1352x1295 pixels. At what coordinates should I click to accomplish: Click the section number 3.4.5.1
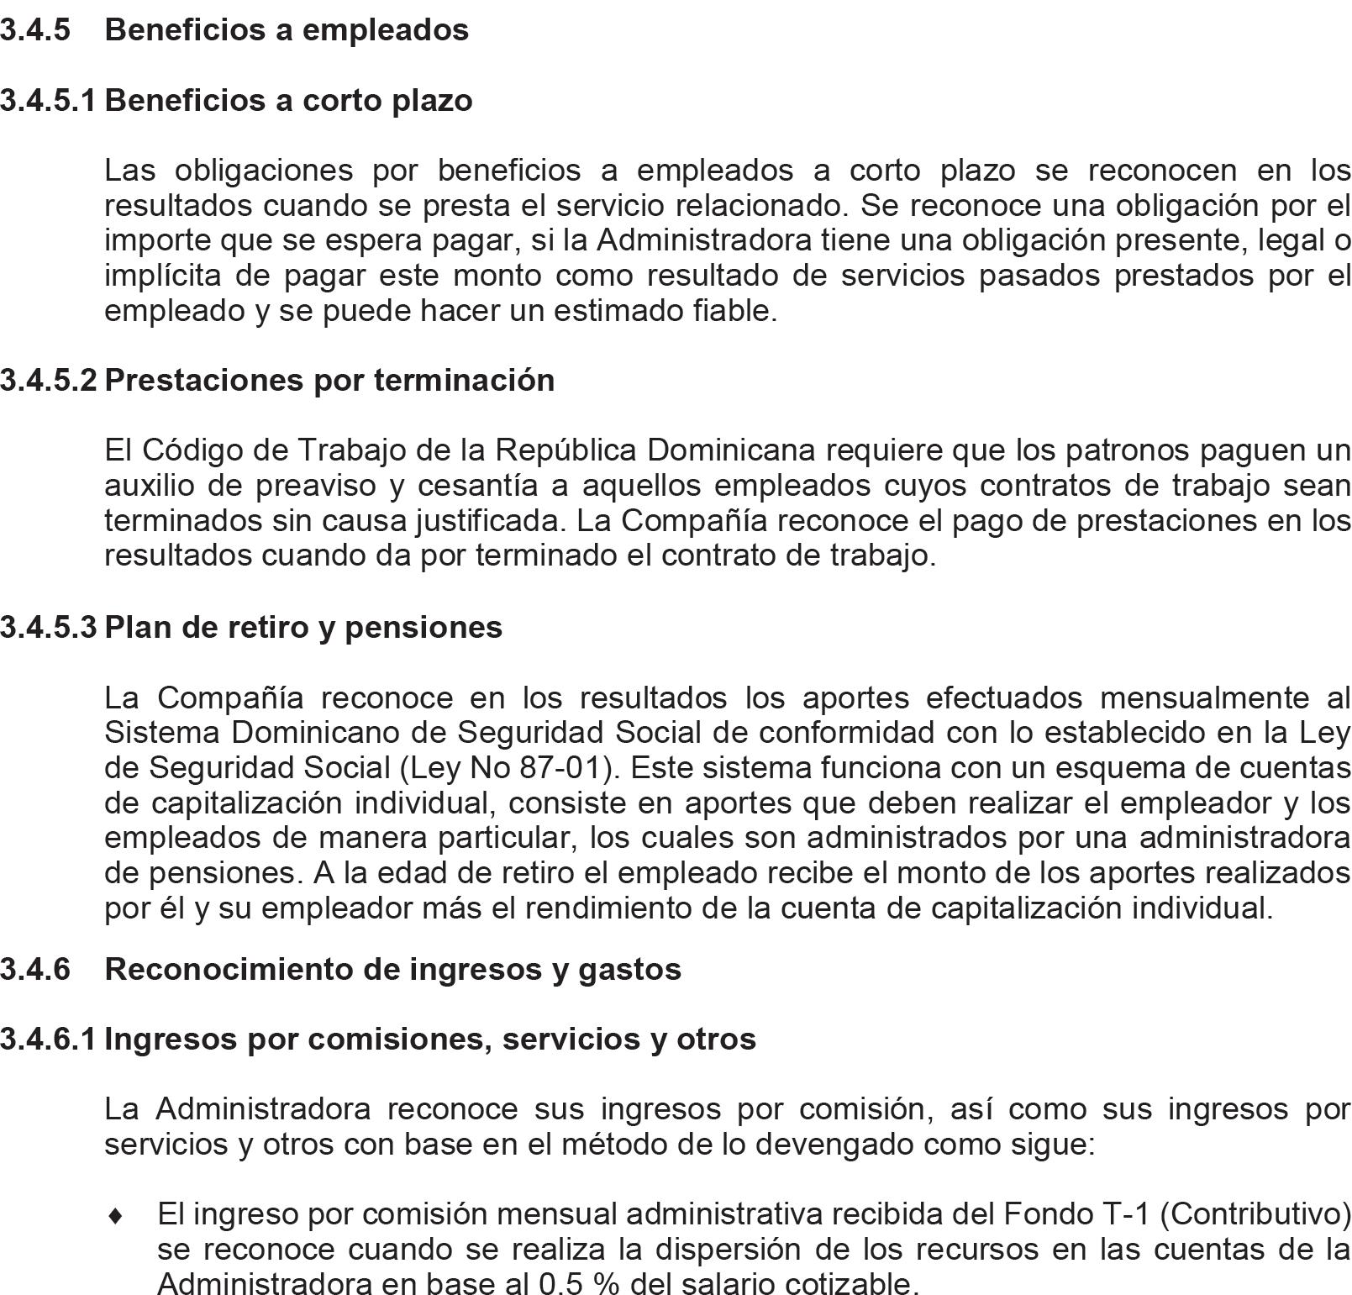click(x=48, y=100)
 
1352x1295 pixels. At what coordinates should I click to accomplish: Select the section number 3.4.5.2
click(x=48, y=380)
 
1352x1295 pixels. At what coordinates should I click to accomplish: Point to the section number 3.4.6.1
click(x=48, y=1039)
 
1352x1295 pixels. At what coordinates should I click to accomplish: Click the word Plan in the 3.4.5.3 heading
click(x=135, y=627)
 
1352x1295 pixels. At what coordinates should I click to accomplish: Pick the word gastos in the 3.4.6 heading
click(x=639, y=969)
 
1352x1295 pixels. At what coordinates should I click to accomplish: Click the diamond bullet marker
click(x=118, y=1215)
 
